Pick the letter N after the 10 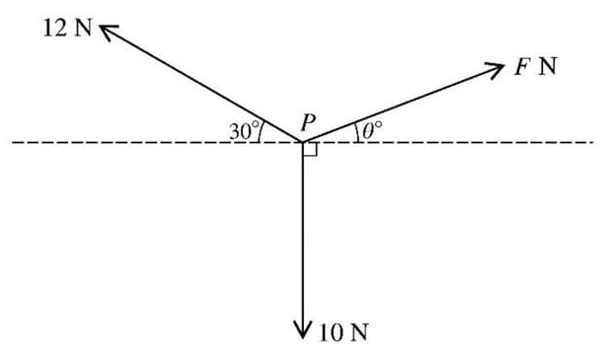pyautogui.click(x=357, y=332)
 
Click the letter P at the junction pyautogui.click(x=308, y=123)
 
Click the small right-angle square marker pyautogui.click(x=309, y=149)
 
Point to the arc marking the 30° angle pyautogui.click(x=260, y=131)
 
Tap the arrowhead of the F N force pyautogui.click(x=495, y=66)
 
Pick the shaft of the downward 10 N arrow pyautogui.click(x=303, y=237)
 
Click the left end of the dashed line pyautogui.click(x=14, y=143)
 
